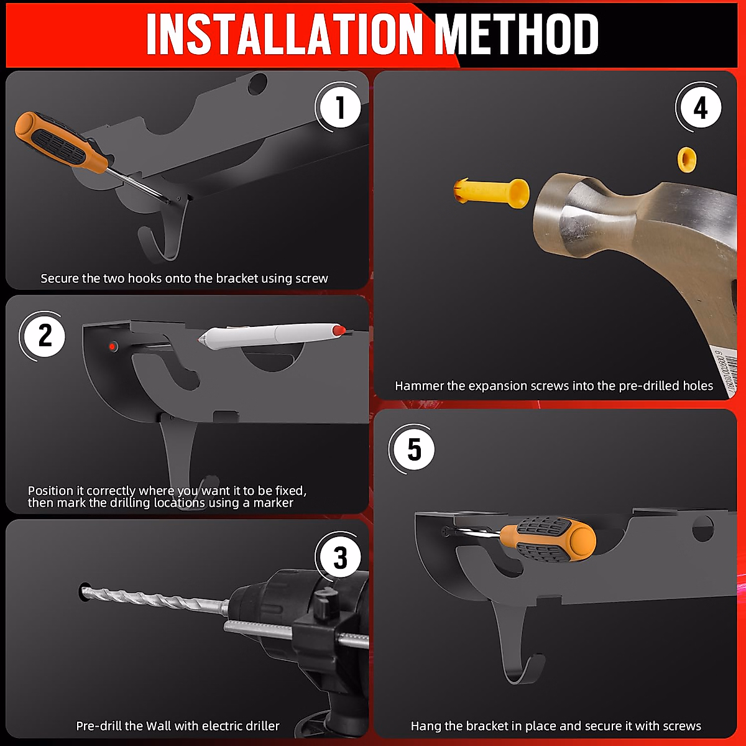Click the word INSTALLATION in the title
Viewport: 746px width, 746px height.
coord(285,34)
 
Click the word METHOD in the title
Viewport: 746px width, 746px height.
coord(517,34)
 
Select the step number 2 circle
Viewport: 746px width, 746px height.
coord(44,336)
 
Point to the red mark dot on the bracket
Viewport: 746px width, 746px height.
coord(113,346)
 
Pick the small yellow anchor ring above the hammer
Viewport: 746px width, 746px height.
coord(687,159)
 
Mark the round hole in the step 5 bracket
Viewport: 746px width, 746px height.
coord(702,530)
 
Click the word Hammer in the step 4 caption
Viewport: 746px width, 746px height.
coord(419,385)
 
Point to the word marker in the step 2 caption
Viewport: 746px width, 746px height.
coord(274,503)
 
